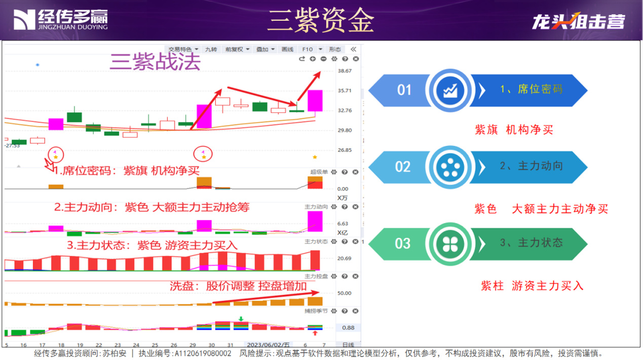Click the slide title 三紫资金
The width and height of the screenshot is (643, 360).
(x=321, y=21)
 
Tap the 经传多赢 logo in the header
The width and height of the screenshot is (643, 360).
(x=60, y=20)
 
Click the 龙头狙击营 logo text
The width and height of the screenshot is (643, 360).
(x=578, y=21)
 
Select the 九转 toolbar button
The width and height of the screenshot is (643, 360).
(x=211, y=50)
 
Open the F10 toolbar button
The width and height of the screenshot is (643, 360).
(x=308, y=50)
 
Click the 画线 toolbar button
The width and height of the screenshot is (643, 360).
(x=287, y=50)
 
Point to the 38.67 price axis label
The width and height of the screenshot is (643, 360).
(x=345, y=71)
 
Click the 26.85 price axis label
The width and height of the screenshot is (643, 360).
(x=345, y=150)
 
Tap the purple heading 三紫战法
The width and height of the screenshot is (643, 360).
(x=156, y=62)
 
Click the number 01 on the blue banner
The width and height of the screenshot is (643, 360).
(x=404, y=91)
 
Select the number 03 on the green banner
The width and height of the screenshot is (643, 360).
(x=402, y=244)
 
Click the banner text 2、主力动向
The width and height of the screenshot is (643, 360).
(x=531, y=166)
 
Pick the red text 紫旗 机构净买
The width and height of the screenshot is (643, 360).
(x=514, y=130)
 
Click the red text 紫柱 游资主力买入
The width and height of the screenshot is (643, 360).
(x=532, y=286)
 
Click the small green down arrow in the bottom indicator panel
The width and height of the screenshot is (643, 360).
(x=241, y=319)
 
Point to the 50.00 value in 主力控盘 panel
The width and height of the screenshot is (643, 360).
(x=345, y=293)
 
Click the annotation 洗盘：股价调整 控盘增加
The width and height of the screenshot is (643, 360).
(x=238, y=286)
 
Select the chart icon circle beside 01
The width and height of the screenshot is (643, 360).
(x=449, y=91)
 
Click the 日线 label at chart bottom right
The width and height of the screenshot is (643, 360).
(x=348, y=345)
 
